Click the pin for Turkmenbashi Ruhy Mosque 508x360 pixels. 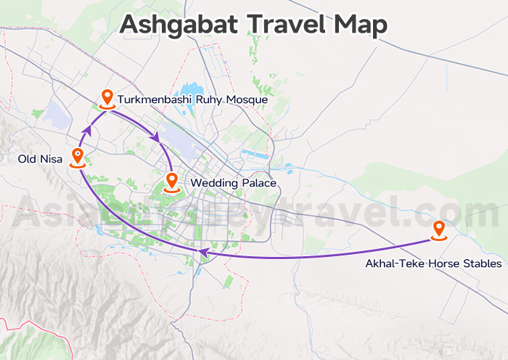coord(107,98)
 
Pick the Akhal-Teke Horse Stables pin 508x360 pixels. coord(438,229)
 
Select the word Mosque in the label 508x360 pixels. coord(246,99)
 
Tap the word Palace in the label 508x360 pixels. coord(259,184)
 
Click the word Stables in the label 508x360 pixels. coord(481,263)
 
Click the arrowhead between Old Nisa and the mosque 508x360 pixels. coord(86,131)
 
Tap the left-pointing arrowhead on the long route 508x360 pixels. coord(204,253)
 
